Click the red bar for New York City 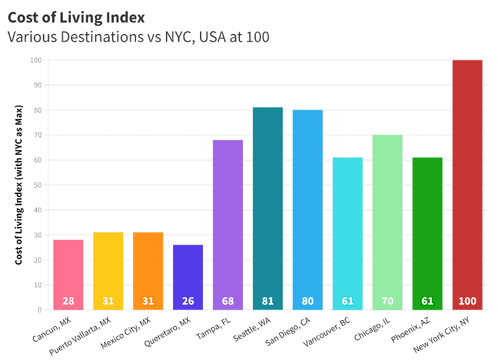pos(467,185)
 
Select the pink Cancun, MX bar pos(68,274)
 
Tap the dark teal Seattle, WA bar pos(267,209)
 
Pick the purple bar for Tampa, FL pos(228,225)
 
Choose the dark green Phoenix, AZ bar pos(427,234)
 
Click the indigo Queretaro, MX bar pos(188,277)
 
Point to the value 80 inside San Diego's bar pos(307,301)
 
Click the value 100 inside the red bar pos(467,301)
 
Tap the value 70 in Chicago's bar pos(388,301)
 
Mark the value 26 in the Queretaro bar pos(188,301)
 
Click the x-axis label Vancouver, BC pos(327,331)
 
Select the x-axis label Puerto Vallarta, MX pos(80,336)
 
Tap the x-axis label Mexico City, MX pos(126,333)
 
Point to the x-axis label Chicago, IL pos(372,329)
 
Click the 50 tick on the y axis pos(38,185)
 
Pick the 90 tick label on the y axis pos(38,85)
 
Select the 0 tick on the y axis pos(40,310)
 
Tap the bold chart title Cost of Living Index pos(76,18)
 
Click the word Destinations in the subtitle pos(102,37)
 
